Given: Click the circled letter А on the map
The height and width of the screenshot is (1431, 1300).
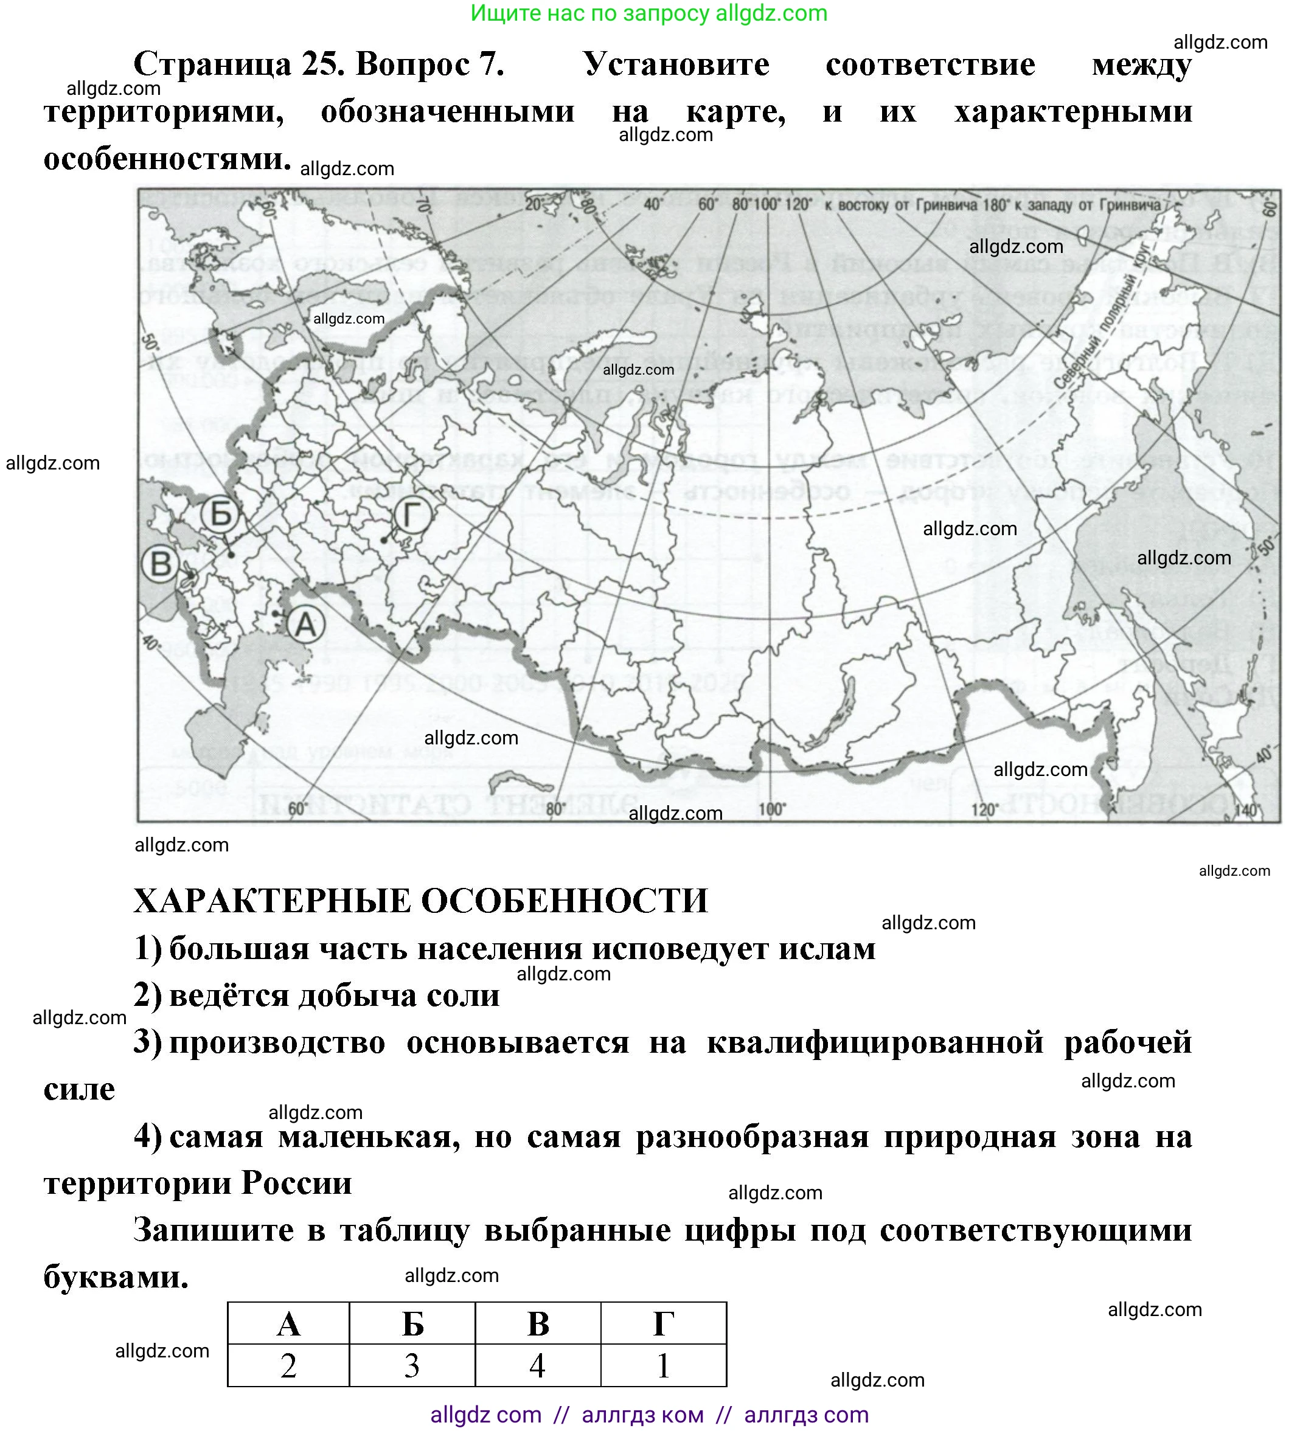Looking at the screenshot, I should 305,625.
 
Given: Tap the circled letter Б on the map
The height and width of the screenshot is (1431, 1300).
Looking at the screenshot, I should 221,513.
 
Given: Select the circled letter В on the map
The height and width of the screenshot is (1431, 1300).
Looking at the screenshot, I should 161,564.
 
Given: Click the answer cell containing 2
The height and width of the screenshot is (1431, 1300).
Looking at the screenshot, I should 288,1366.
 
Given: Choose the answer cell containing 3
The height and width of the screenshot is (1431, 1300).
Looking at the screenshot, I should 412,1366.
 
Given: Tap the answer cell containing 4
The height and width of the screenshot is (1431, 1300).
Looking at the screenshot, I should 538,1366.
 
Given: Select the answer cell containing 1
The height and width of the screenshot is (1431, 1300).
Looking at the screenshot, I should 663,1366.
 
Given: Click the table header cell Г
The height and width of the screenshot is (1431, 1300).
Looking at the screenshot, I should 663,1324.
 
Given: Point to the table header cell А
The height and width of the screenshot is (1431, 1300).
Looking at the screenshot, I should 288,1324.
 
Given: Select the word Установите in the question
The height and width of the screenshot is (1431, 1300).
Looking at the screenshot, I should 676,64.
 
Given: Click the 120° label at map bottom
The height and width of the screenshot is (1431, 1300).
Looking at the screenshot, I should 985,810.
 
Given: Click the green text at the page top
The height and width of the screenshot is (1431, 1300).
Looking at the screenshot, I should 649,13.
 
